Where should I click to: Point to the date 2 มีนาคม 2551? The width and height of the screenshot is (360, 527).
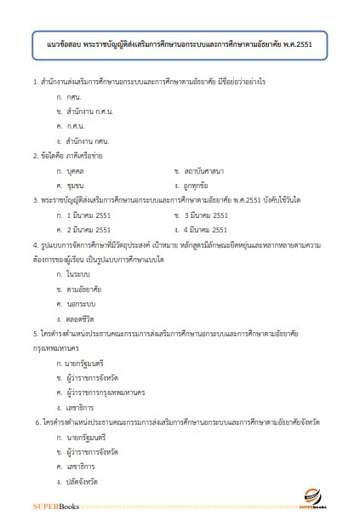pyautogui.click(x=89, y=229)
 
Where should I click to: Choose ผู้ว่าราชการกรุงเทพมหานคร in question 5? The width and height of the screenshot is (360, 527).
pyautogui.click(x=107, y=369)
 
